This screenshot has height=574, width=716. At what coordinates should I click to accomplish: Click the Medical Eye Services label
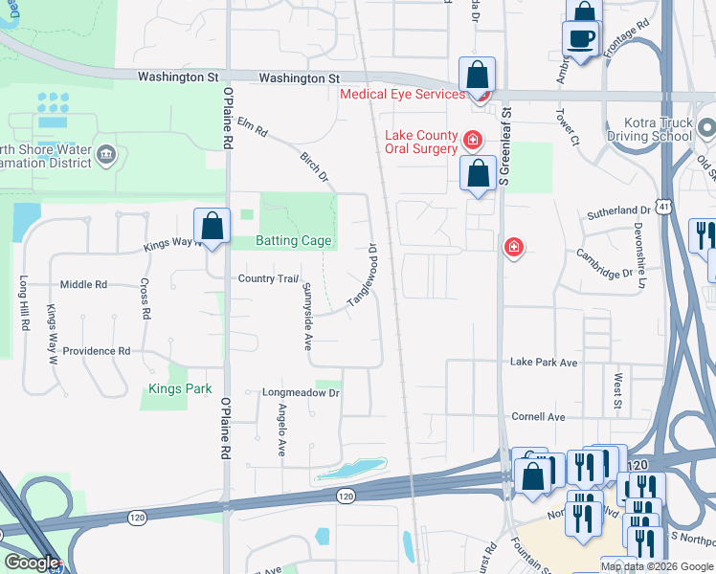click(402, 94)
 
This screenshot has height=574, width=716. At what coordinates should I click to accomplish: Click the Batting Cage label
click(293, 241)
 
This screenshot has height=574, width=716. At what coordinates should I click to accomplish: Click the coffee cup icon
click(582, 39)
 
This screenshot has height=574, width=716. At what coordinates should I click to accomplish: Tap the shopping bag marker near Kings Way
click(213, 228)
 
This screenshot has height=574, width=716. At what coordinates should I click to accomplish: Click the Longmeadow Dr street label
click(301, 393)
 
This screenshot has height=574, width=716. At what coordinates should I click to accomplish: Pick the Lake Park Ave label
click(544, 363)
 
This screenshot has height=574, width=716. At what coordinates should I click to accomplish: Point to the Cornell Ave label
click(539, 417)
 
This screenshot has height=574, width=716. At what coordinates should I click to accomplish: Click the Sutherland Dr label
click(619, 210)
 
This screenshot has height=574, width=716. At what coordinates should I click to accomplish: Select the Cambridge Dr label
click(605, 262)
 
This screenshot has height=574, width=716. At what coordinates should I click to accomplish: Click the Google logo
click(32, 563)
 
